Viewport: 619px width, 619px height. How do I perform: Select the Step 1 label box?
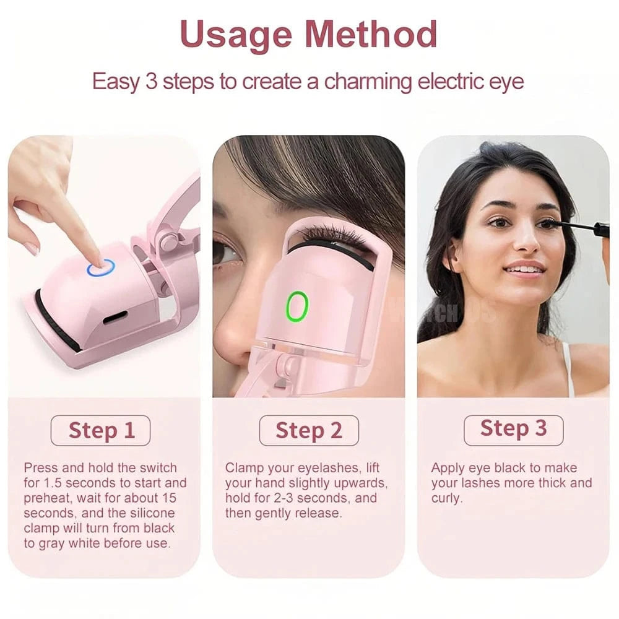point(101,430)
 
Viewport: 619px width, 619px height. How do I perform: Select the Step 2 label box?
point(309,430)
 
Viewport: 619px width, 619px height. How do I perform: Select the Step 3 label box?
point(513,428)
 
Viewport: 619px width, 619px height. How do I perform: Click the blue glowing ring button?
point(101,267)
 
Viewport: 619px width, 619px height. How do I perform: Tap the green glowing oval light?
point(297,306)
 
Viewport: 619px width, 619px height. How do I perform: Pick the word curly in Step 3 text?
point(446,498)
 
